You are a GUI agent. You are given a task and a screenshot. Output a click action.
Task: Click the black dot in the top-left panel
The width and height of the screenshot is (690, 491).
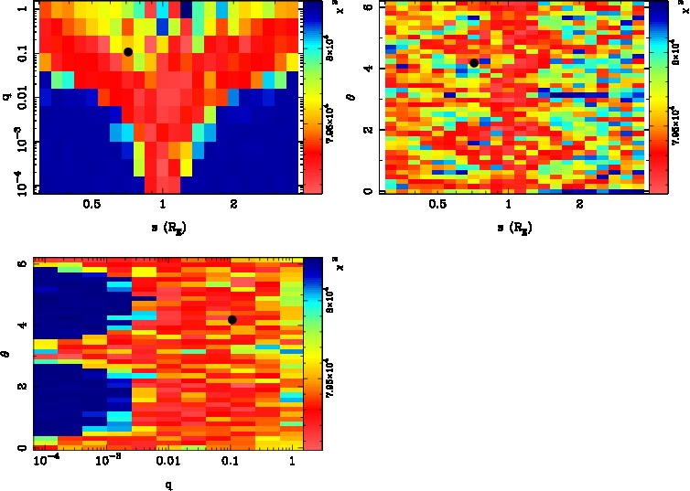tap(128, 52)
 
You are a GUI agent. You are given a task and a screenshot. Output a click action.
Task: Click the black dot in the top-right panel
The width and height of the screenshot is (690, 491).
tap(474, 62)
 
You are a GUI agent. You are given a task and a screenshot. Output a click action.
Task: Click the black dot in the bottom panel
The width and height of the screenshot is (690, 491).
tap(232, 319)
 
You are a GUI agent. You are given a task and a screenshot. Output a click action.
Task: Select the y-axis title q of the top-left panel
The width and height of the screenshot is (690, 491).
tap(6, 91)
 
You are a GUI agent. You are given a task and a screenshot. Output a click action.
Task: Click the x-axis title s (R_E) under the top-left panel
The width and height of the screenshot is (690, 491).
tap(163, 225)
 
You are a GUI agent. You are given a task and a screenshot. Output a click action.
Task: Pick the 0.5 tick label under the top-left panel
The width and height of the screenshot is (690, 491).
tap(92, 205)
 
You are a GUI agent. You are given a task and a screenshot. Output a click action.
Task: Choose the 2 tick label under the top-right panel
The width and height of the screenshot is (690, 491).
tap(579, 205)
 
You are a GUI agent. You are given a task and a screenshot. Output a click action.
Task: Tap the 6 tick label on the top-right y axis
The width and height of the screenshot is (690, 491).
tap(367, 7)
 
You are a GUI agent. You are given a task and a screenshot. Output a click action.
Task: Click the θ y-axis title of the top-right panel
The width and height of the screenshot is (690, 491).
tap(353, 95)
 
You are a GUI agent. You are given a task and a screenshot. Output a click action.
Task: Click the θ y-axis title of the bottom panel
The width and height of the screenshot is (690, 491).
tap(6, 352)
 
